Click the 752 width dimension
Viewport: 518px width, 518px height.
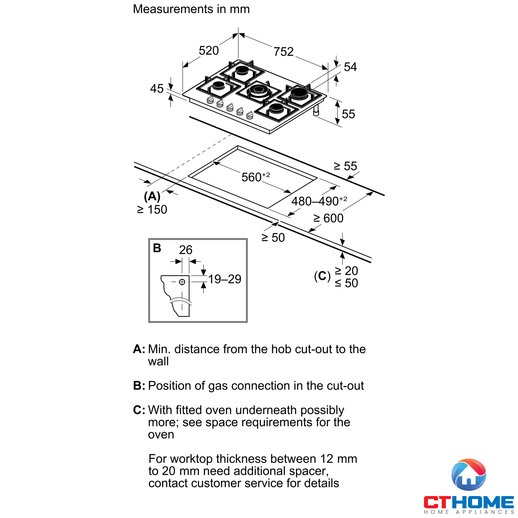coord(283,52)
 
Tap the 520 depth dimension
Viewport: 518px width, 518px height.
coord(208,51)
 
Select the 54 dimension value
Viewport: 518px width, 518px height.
coord(350,67)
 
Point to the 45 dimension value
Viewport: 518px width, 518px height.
coord(157,89)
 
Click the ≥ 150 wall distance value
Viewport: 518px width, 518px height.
coord(152,209)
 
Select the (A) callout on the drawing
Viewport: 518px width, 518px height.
coord(152,196)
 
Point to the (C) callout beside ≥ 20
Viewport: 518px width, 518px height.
coord(322,276)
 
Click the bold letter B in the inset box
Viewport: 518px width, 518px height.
coord(157,248)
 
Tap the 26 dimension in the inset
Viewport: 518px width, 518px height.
coord(185,250)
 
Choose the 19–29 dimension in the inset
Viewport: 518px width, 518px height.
coord(225,279)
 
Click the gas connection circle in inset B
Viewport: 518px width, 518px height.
coord(182,282)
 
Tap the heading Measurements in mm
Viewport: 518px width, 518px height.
coord(191,9)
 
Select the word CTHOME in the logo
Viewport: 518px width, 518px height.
coord(468,502)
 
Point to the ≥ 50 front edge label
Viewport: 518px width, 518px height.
coord(273,238)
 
